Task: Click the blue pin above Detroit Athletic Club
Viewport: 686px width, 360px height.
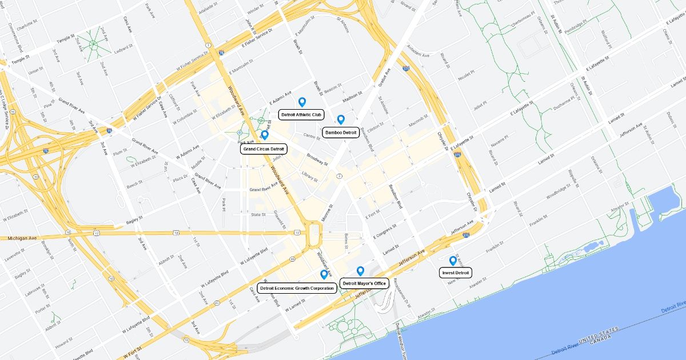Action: click(x=302, y=102)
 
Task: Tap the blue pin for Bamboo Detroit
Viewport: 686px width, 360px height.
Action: click(x=341, y=119)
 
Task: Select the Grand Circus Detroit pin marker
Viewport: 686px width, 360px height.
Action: click(x=265, y=135)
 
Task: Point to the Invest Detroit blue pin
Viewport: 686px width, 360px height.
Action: click(x=453, y=261)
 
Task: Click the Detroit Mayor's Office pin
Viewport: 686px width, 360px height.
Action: click(x=360, y=271)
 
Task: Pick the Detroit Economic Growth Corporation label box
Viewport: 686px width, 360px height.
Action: click(x=297, y=288)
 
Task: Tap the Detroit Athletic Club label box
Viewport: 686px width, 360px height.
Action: click(x=302, y=114)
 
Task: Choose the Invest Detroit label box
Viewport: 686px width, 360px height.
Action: click(x=456, y=273)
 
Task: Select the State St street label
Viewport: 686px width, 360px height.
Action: click(x=258, y=215)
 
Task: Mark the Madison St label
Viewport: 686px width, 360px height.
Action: click(x=352, y=94)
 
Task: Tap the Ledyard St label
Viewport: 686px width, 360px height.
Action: click(x=123, y=49)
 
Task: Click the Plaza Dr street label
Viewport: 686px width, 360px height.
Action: click(x=180, y=178)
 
